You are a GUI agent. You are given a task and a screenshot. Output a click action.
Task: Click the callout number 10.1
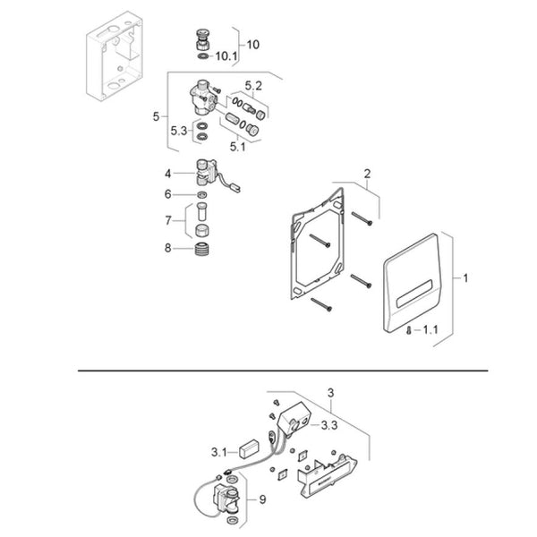(226, 56)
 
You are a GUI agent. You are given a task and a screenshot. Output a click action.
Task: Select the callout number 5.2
(253, 86)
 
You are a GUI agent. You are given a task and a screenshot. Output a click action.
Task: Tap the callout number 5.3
(179, 131)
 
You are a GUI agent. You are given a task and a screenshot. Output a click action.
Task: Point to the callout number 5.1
(238, 147)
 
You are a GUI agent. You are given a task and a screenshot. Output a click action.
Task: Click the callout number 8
(168, 248)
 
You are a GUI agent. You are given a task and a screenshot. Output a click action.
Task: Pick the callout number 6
(168, 194)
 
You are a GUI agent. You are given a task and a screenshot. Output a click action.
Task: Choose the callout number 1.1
(430, 329)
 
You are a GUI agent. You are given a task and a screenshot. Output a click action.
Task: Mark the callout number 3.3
(329, 425)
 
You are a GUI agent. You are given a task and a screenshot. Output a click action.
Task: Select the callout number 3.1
(219, 452)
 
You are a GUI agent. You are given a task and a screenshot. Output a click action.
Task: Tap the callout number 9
(262, 499)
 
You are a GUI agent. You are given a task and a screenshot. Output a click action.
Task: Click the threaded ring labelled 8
(202, 249)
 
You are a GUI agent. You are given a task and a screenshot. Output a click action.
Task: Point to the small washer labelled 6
(202, 195)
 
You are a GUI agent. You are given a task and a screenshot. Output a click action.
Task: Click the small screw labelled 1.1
(409, 330)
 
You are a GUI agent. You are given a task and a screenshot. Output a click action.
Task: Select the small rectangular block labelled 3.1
(250, 448)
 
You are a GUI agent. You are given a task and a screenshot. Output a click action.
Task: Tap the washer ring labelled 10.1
(203, 55)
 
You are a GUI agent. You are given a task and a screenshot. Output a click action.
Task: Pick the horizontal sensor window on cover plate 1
(414, 293)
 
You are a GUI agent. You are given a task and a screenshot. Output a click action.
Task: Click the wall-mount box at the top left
(114, 55)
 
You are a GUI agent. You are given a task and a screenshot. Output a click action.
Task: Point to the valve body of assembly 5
(202, 98)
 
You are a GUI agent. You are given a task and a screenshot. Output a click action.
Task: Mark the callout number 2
(367, 174)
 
